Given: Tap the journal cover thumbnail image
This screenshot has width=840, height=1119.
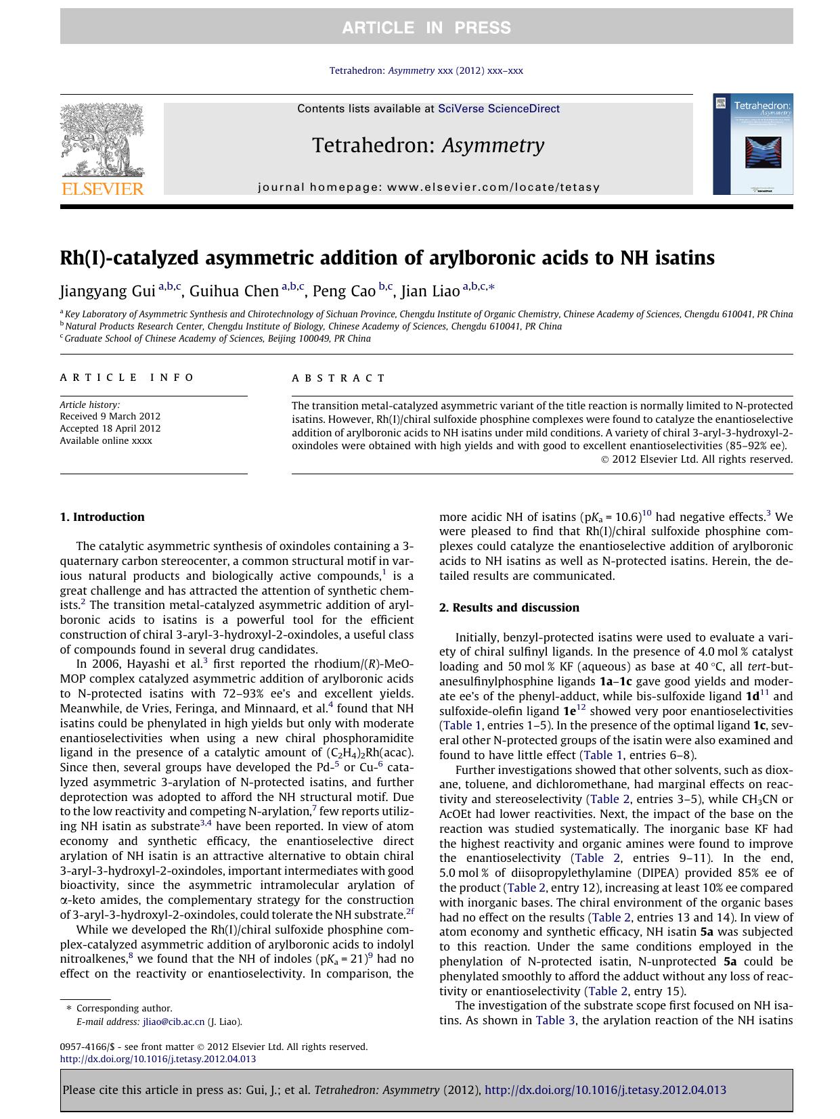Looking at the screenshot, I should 753,144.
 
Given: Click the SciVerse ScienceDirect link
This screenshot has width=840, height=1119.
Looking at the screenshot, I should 498,108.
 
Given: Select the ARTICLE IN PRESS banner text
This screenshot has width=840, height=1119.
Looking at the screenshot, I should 426,28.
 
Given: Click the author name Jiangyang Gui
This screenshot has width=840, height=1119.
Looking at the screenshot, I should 108,292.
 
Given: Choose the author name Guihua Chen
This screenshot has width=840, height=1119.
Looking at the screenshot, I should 234,292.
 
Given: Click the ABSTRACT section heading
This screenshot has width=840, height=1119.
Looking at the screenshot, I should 338,378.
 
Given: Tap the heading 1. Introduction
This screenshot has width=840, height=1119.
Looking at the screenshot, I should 102,517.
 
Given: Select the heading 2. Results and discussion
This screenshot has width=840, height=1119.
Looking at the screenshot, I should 509,608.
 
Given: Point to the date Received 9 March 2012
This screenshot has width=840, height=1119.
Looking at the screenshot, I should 110,416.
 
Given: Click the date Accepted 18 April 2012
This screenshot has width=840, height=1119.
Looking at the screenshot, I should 110,428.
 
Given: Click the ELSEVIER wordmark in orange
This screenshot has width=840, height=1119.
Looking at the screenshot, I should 103,189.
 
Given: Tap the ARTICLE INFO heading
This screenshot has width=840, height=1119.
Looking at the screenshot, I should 127,378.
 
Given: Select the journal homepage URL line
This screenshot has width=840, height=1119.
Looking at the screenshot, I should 428,187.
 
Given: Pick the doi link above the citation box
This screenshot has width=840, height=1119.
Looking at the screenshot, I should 158,1059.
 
